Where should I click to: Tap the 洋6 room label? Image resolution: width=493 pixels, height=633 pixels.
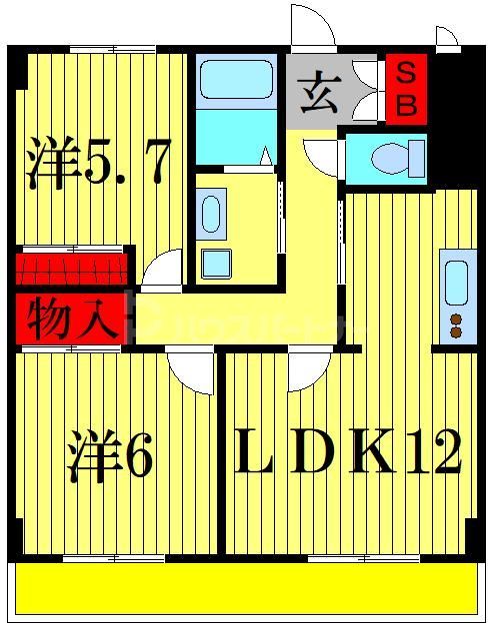pos(110,456)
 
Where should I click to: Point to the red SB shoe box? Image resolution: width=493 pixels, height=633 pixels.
pos(406,89)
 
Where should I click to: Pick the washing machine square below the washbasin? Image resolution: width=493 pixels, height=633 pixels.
pos(216,263)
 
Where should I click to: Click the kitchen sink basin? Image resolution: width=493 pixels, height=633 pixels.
pos(455,282)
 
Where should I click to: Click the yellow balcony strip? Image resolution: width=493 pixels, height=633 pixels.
pos(246,589)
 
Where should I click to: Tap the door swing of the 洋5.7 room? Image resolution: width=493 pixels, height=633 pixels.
pos(163,270)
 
